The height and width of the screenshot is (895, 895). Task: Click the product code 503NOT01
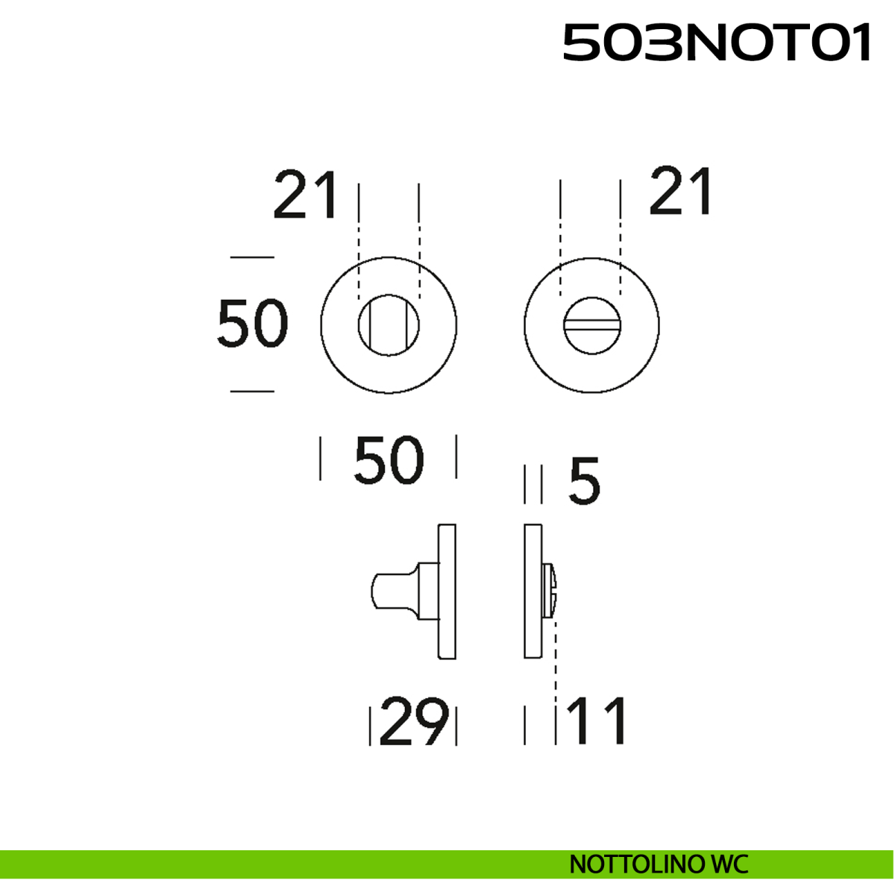(716, 43)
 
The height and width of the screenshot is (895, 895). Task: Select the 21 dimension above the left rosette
(305, 195)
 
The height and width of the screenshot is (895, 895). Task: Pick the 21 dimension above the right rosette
(681, 192)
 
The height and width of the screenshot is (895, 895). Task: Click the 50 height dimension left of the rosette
(252, 324)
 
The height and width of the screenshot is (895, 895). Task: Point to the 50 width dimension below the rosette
(389, 459)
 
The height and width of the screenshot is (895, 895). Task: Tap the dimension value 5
(584, 482)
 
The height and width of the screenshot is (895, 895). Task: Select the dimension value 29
(415, 721)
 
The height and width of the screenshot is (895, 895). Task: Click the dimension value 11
(597, 721)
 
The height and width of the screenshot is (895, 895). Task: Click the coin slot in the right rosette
(591, 325)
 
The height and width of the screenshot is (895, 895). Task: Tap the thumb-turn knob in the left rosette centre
(389, 325)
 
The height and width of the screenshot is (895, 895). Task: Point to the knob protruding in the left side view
(395, 591)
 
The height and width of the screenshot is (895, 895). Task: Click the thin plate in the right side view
(533, 591)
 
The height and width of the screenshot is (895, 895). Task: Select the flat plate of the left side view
(447, 591)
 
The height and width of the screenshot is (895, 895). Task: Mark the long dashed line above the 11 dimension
(556, 656)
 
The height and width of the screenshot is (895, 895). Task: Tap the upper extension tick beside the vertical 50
(252, 257)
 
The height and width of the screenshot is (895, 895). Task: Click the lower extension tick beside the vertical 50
(252, 391)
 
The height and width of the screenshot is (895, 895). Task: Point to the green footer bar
(298, 864)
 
